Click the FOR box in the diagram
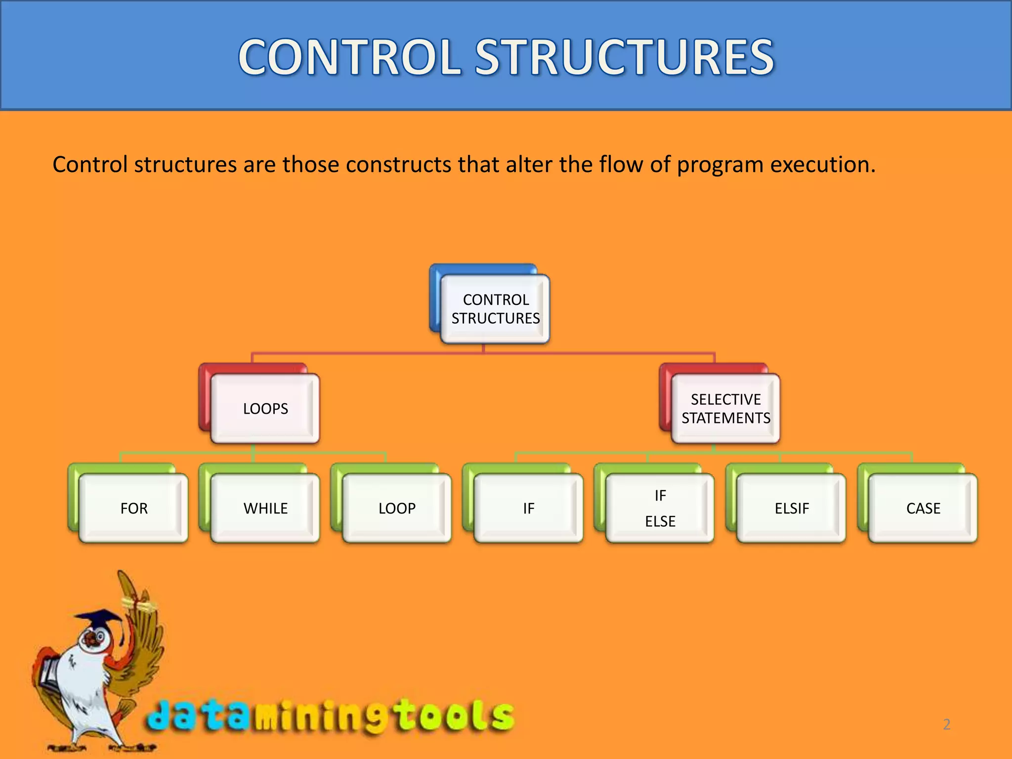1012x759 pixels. coord(133,508)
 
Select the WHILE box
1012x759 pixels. coord(265,508)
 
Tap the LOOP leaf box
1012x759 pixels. coord(397,508)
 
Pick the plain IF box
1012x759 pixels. coord(528,508)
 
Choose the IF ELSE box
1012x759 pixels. coord(660,508)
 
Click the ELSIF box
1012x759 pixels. coord(792,508)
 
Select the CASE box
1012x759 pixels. coord(923,508)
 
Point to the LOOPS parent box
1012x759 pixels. coord(265,409)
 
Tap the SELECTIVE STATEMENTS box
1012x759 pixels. coord(726,409)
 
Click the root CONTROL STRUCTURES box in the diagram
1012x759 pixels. coord(496,309)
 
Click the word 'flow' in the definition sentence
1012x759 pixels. coord(621,165)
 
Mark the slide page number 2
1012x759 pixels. coord(946,724)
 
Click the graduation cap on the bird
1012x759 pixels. coord(99,618)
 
